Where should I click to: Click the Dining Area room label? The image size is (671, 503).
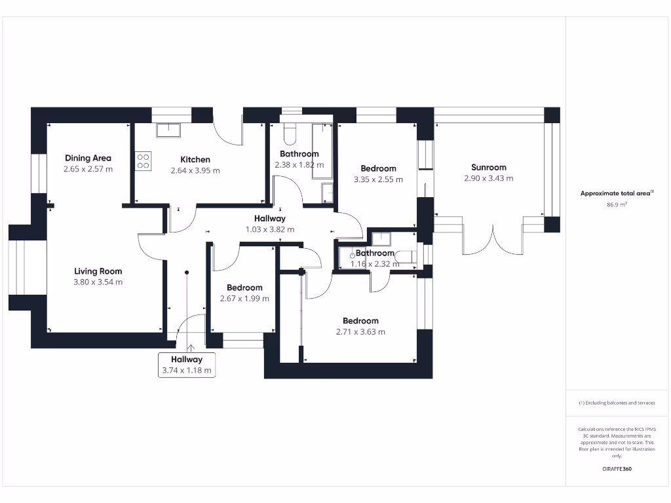click(x=88, y=158)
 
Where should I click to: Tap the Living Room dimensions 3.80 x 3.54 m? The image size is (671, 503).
click(x=98, y=282)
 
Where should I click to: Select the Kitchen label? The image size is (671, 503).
click(x=195, y=159)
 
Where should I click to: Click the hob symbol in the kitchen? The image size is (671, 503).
click(x=143, y=160)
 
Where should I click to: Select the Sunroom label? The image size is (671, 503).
click(x=488, y=167)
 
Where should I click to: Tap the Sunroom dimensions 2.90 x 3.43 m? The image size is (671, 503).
click(x=488, y=178)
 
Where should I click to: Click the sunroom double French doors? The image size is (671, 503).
click(x=493, y=239)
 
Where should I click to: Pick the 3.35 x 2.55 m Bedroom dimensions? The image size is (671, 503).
click(x=378, y=179)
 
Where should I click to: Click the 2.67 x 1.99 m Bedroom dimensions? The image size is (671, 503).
click(x=244, y=299)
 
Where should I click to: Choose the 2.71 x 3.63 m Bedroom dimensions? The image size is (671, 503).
click(x=360, y=332)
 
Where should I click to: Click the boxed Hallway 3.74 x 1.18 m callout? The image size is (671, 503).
click(x=187, y=365)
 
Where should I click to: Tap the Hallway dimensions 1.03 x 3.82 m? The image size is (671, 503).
click(x=269, y=230)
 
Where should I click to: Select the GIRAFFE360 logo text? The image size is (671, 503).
click(x=617, y=469)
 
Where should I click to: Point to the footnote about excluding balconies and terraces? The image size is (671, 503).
click(x=617, y=403)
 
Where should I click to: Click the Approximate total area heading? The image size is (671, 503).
click(x=617, y=193)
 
